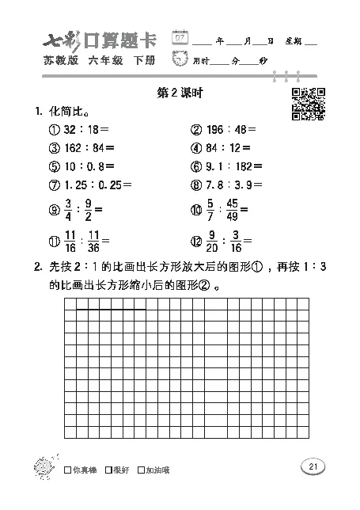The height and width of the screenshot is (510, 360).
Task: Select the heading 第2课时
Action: tap(180, 93)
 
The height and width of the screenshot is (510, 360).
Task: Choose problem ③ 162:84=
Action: tap(81, 148)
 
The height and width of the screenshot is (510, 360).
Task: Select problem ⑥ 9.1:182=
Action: tap(225, 166)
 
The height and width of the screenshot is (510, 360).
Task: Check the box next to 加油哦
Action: tap(141, 470)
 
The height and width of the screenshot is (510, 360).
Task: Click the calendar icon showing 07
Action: tap(182, 37)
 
